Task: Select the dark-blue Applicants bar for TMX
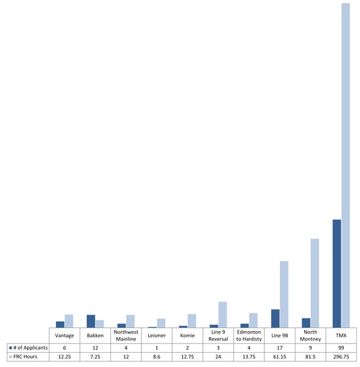(337, 273)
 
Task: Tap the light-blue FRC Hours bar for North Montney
(315, 283)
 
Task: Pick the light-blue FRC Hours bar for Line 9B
(284, 294)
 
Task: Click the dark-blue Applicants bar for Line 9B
(275, 318)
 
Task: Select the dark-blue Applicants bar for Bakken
(91, 321)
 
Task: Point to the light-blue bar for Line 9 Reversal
(222, 314)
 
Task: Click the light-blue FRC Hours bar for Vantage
(69, 321)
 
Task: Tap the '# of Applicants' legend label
(30, 347)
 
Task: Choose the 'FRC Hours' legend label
(26, 357)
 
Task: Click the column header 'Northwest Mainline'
(126, 335)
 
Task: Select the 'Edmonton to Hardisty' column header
(249, 335)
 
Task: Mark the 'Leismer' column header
(156, 335)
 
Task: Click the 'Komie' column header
(187, 335)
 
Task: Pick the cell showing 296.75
(341, 357)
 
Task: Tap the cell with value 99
(341, 347)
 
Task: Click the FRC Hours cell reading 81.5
(310, 357)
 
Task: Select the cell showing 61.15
(280, 357)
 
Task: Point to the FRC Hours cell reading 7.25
(95, 357)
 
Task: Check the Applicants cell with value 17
(280, 347)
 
